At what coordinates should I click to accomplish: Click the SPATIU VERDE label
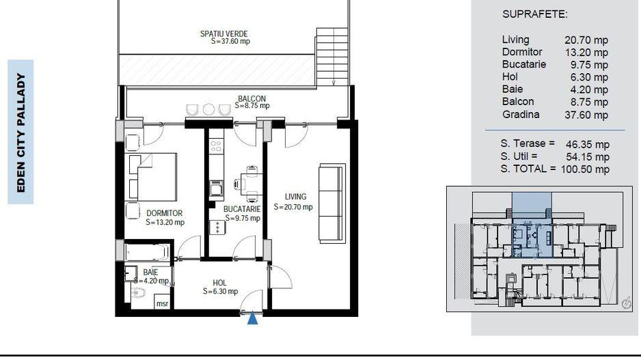(x=224, y=33)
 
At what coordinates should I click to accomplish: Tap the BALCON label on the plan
(x=251, y=98)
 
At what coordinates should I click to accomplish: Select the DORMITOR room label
(x=164, y=213)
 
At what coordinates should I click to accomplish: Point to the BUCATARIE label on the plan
(x=241, y=209)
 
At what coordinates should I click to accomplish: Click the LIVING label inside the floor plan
(x=296, y=197)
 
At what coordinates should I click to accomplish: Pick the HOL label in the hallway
(x=219, y=282)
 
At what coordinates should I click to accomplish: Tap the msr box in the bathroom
(x=163, y=303)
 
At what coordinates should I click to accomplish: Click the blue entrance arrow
(x=253, y=318)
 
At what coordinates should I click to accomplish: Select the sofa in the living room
(x=333, y=202)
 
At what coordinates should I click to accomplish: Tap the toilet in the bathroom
(x=139, y=294)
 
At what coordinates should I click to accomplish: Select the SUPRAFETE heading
(x=535, y=14)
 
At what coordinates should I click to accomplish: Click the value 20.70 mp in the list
(x=586, y=40)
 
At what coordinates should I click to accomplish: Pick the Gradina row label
(x=520, y=115)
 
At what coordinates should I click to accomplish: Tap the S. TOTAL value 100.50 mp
(x=585, y=169)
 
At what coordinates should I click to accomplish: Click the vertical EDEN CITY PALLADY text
(x=21, y=133)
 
